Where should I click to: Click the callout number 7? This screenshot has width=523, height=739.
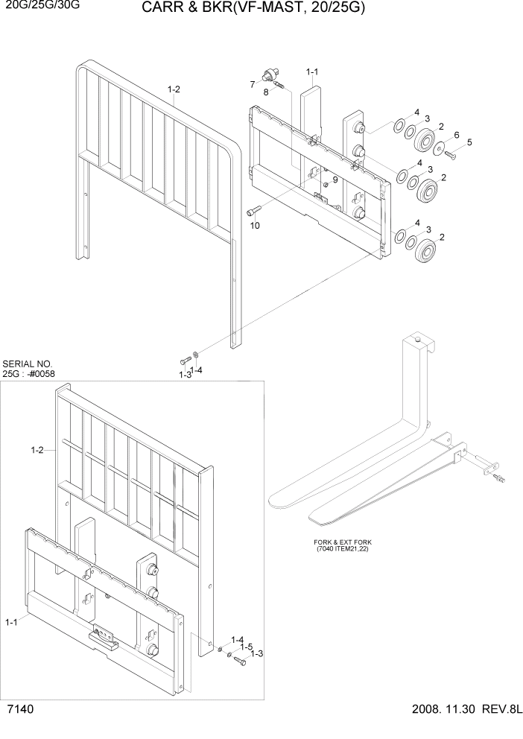(x=253, y=83)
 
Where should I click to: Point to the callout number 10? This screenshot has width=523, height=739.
(x=255, y=226)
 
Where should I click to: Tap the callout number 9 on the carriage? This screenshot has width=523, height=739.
(x=335, y=180)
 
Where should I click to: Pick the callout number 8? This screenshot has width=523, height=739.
(x=266, y=92)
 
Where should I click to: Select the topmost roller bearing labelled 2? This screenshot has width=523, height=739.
(x=427, y=140)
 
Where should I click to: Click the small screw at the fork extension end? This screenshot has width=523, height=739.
(x=498, y=478)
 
